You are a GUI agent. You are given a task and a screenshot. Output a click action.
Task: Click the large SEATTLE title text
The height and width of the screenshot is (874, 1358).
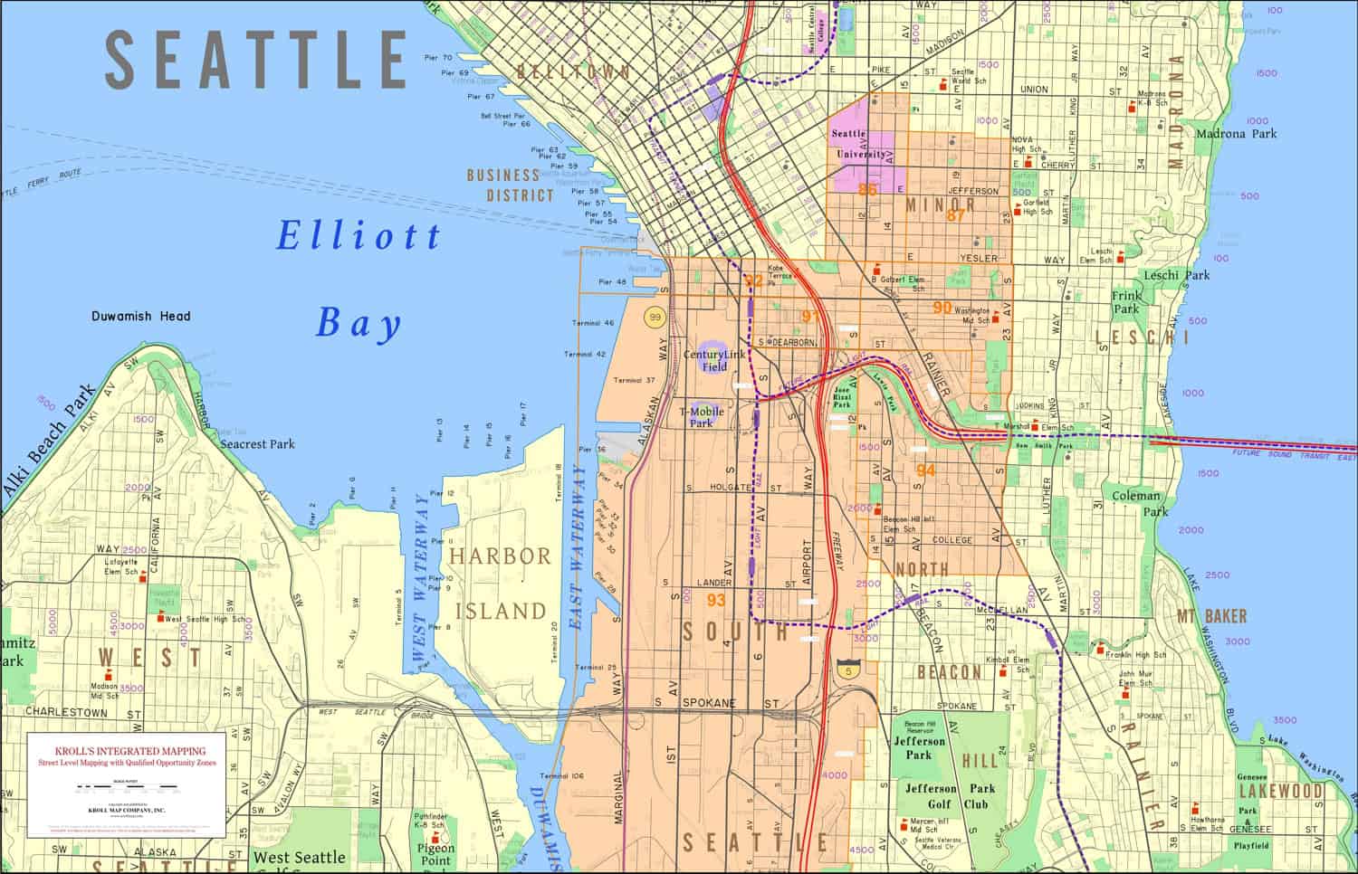point(256,59)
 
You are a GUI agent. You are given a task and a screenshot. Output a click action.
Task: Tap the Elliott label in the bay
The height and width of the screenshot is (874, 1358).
point(359,236)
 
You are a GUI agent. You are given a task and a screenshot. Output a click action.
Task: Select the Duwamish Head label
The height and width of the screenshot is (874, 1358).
point(141,317)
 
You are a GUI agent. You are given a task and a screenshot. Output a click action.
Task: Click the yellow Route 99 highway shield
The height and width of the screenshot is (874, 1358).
point(655,318)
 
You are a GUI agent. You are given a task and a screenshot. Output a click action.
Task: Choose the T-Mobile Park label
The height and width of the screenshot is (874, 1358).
point(702,416)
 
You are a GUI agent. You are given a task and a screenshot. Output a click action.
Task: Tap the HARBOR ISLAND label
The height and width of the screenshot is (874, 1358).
point(500,584)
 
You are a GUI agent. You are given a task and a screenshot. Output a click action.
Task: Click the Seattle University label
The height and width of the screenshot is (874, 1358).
point(859,144)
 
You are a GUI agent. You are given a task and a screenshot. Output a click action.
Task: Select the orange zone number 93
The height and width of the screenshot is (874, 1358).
point(716,600)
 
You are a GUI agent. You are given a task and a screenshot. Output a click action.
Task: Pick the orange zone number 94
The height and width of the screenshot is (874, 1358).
point(925,470)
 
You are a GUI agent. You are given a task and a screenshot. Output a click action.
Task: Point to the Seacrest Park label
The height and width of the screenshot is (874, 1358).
point(258,444)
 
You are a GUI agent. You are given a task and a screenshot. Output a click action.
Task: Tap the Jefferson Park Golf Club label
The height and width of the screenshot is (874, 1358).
point(944,796)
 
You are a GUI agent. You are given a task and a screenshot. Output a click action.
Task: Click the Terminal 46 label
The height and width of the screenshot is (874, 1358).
point(593,323)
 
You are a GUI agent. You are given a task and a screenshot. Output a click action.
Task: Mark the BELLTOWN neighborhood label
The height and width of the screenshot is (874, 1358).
point(573,71)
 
